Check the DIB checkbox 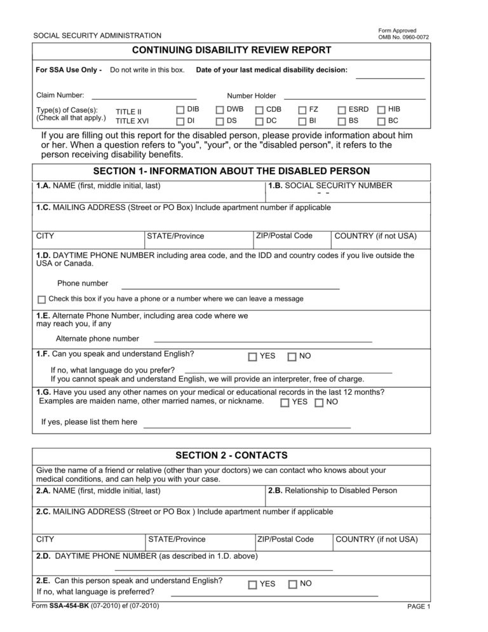pyautogui.click(x=180, y=110)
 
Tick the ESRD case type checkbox pyautogui.click(x=342, y=110)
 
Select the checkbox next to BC pyautogui.click(x=382, y=121)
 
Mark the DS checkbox pyautogui.click(x=220, y=121)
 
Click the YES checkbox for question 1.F pyautogui.click(x=253, y=357)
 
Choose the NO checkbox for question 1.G pyautogui.click(x=319, y=402)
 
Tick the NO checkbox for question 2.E pyautogui.click(x=292, y=584)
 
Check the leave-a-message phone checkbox pyautogui.click(x=42, y=299)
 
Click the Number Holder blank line pyautogui.click(x=354, y=99)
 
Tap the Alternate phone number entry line pyautogui.click(x=263, y=341)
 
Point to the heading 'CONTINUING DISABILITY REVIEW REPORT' pyautogui.click(x=231, y=50)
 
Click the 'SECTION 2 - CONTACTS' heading pyautogui.click(x=231, y=455)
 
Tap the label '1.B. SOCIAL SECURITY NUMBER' pyautogui.click(x=330, y=186)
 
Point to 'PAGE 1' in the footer pyautogui.click(x=418, y=624)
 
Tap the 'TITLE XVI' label pyautogui.click(x=132, y=121)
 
